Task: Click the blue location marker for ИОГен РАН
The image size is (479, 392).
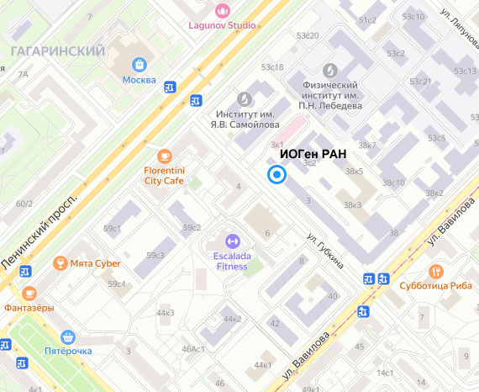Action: coord(276,175)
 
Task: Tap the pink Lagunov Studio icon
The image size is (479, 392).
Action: coord(223,10)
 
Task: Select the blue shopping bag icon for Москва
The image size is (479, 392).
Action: coord(139,64)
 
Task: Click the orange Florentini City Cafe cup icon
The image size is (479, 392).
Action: coord(164,155)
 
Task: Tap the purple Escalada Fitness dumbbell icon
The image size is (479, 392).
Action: coord(232,241)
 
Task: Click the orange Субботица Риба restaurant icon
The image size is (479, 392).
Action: coord(435,272)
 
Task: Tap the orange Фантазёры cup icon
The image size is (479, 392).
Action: coord(29,293)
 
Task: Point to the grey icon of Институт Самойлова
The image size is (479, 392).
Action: coord(245,98)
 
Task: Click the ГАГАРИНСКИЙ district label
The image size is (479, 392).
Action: coord(58,51)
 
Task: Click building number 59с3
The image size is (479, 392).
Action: coord(155,255)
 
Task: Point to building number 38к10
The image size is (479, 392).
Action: coord(393,183)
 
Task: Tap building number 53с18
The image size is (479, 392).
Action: coord(272,66)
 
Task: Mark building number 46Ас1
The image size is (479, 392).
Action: coord(193,349)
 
